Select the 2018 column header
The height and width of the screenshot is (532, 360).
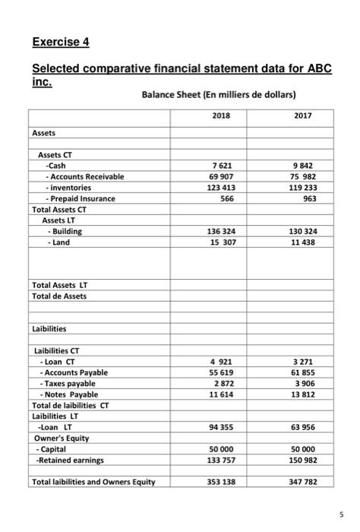220,116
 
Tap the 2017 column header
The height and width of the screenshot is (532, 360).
302,116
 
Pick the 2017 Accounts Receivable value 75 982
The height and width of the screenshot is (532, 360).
302,176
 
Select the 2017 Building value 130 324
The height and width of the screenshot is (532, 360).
302,230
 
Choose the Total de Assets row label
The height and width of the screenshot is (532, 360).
59,296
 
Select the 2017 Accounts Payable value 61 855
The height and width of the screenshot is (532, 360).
302,372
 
